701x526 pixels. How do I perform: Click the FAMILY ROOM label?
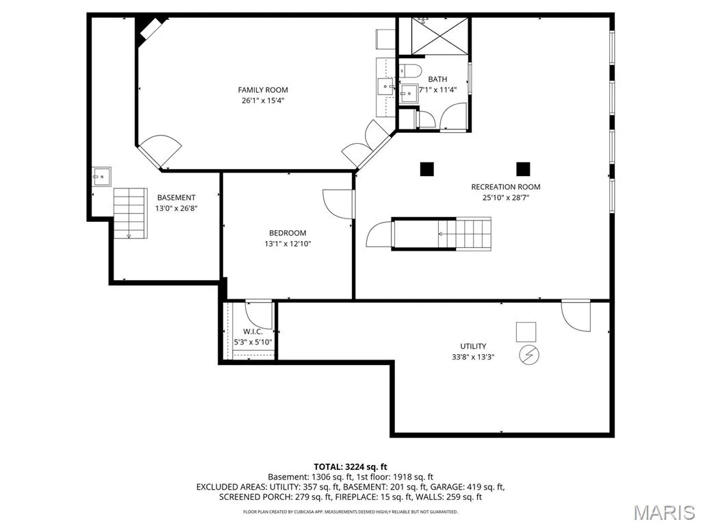click(263, 90)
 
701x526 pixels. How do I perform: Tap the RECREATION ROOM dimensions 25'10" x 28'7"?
click(506, 198)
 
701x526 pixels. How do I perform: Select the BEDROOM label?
click(288, 233)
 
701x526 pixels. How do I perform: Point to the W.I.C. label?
click(253, 331)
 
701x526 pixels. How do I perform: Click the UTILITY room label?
click(473, 346)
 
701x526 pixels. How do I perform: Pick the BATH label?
click(437, 79)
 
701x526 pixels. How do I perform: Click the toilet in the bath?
click(410, 71)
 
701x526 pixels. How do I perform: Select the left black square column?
click(427, 169)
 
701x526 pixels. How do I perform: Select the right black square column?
click(523, 169)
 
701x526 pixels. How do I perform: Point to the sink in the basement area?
click(101, 176)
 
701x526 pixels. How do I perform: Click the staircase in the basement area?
click(130, 214)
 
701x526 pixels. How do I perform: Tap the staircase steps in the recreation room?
click(465, 234)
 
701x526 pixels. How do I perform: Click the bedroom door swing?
click(338, 204)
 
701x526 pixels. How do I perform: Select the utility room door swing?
click(576, 316)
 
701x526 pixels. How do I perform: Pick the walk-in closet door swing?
click(259, 315)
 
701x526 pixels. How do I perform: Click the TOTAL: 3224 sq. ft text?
click(350, 467)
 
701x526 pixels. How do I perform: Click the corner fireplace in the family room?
click(151, 29)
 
